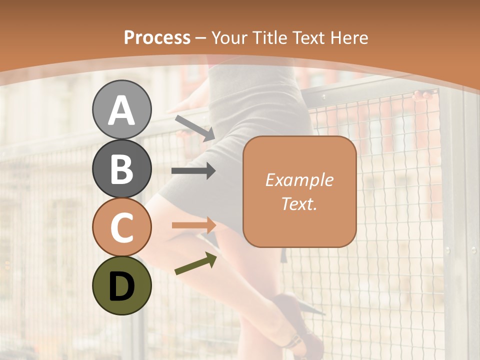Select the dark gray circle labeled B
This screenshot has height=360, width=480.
point(121,168)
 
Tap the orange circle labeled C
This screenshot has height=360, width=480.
point(121,227)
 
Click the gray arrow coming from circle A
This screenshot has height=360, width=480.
point(195,128)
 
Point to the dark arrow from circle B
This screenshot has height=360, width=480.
point(193,171)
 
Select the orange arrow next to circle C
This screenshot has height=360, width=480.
point(193,225)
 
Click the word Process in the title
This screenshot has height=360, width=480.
point(157,37)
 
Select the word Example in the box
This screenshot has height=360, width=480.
point(299,180)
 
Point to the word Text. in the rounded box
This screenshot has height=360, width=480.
point(299,203)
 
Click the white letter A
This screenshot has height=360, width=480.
point(121,110)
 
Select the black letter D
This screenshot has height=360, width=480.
point(121,286)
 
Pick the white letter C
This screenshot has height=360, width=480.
point(121,227)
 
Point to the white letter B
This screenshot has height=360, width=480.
point(121,169)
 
